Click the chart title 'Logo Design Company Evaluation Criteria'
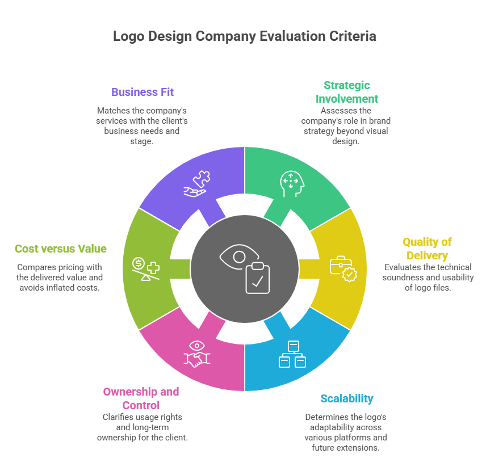click(x=244, y=36)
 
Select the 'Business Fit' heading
click(x=143, y=92)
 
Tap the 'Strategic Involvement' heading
click(x=347, y=91)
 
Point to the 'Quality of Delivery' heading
click(x=427, y=249)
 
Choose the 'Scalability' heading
click(x=346, y=398)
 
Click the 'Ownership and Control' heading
click(x=141, y=398)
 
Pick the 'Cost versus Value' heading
click(x=61, y=249)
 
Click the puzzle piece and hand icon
click(x=197, y=184)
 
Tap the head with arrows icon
click(x=290, y=183)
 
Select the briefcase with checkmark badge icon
click(x=344, y=269)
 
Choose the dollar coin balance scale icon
click(x=145, y=269)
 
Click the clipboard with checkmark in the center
click(x=257, y=278)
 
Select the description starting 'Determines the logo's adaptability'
click(x=346, y=432)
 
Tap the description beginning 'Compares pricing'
click(x=60, y=277)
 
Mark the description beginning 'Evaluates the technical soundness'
click(x=427, y=277)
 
